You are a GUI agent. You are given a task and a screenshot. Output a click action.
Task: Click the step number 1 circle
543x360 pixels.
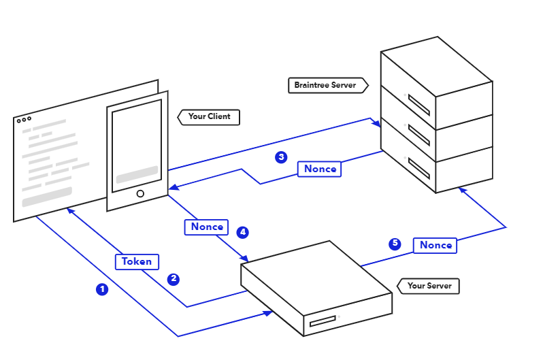point(102,289)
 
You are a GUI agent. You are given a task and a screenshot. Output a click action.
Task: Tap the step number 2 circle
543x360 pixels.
point(174,279)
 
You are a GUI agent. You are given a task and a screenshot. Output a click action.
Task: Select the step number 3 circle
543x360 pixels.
point(281,157)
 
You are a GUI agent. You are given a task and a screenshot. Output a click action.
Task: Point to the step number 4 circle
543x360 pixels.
point(242,232)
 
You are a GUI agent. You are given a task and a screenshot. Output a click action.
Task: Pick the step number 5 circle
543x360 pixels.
point(395,244)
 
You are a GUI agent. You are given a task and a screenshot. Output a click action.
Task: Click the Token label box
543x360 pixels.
point(137,261)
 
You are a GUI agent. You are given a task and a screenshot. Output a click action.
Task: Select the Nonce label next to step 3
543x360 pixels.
point(320,169)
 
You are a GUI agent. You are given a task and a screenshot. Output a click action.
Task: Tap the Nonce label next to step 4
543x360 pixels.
point(207,227)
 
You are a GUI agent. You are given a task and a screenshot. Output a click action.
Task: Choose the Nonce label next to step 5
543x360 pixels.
point(435,245)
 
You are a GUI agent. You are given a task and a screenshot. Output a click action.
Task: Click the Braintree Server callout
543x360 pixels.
point(326,86)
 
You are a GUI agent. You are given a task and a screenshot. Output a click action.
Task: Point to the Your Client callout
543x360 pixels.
point(208,116)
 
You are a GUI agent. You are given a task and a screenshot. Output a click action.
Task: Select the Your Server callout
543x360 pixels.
point(429,286)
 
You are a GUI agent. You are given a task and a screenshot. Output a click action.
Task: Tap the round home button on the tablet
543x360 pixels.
point(140,194)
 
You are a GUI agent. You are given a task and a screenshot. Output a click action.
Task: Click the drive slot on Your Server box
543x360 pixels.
point(323,321)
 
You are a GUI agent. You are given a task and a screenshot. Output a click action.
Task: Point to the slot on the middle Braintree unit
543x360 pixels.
point(419,135)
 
